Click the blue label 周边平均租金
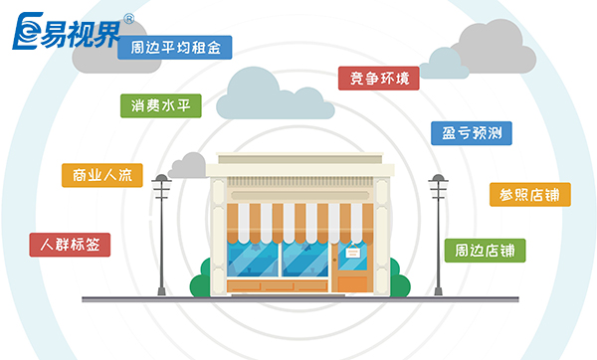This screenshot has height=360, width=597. [174, 47]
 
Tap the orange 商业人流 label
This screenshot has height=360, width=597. [101, 176]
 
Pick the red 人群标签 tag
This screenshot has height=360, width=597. [70, 244]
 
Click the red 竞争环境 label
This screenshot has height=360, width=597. [378, 78]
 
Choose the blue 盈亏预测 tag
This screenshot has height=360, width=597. [470, 132]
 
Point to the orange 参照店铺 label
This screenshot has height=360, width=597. [529, 194]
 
